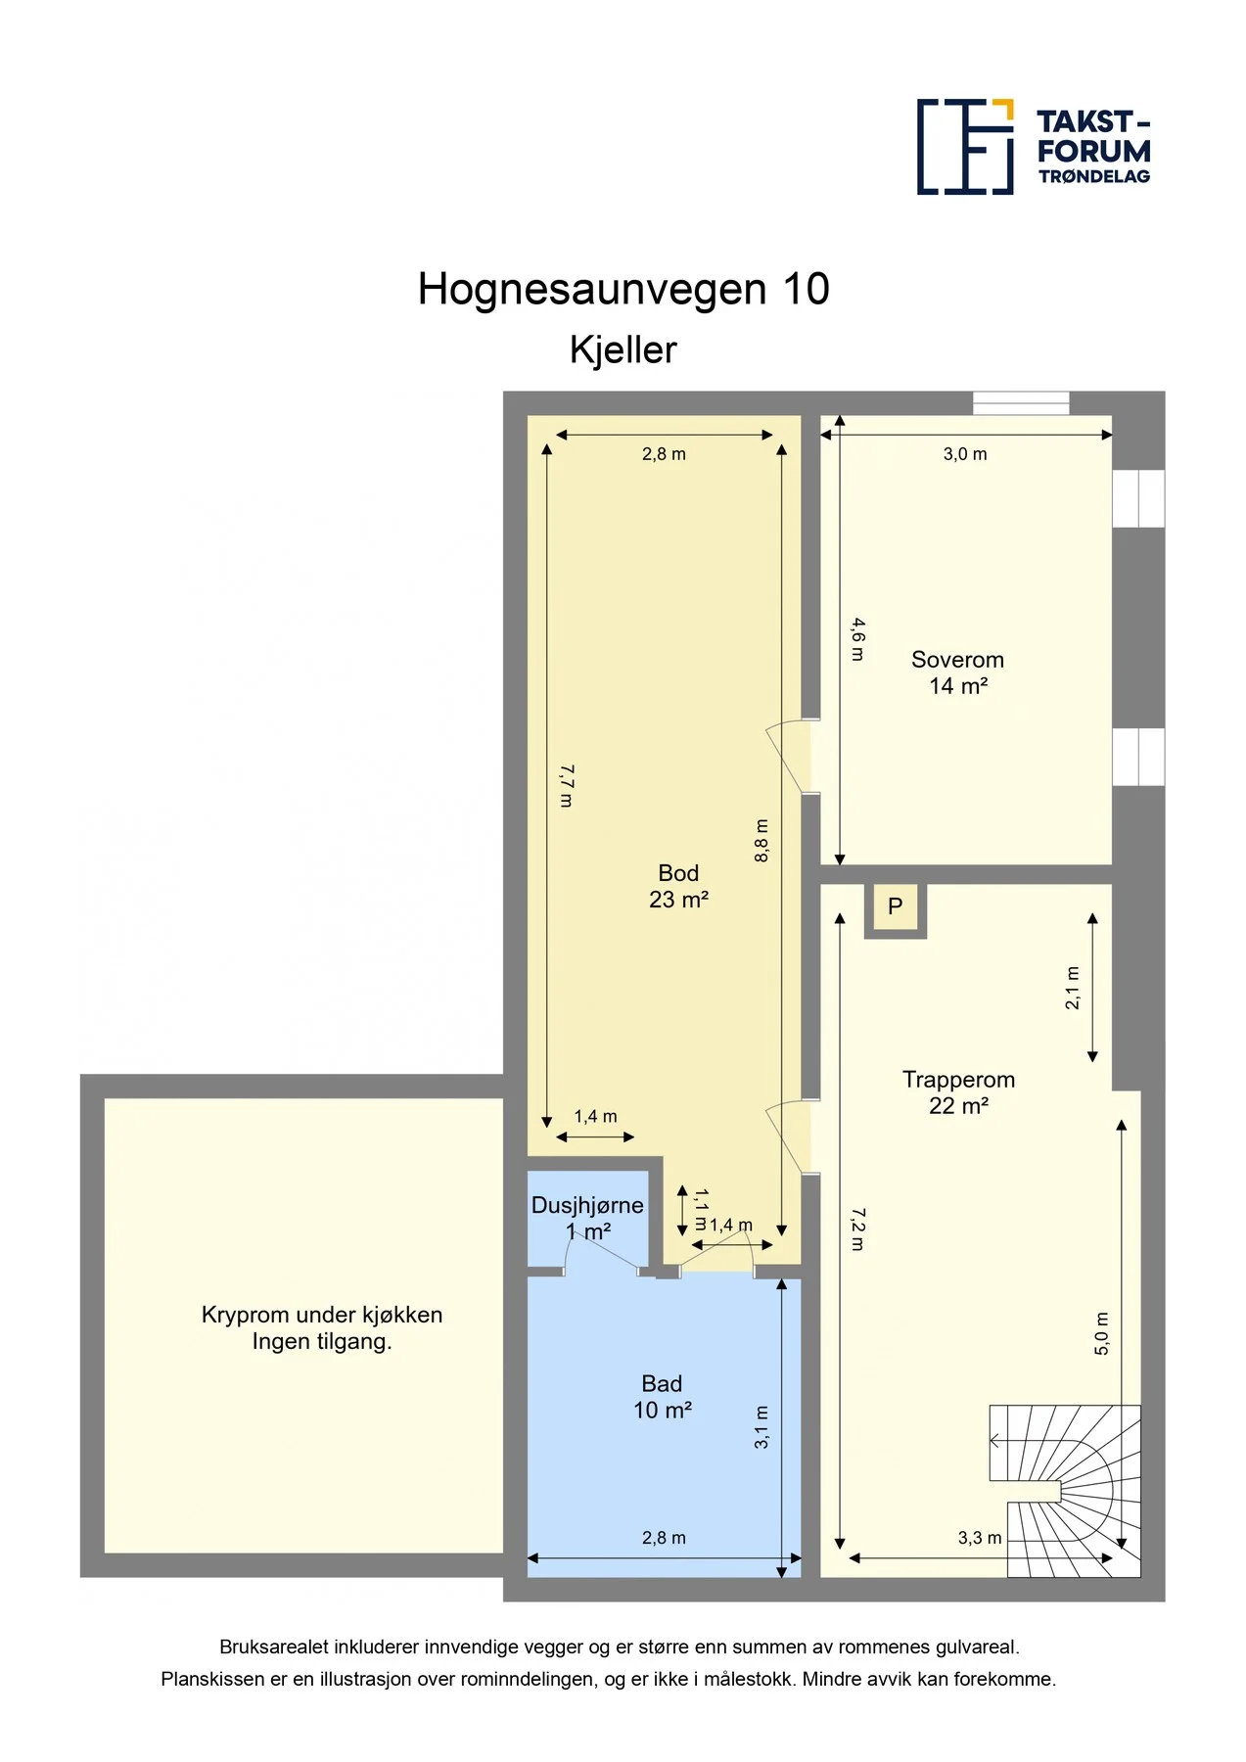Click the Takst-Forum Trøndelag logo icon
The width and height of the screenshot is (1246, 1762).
click(x=965, y=147)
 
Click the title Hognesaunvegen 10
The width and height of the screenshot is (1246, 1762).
click(x=623, y=290)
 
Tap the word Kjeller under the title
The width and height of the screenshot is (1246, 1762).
click(x=623, y=350)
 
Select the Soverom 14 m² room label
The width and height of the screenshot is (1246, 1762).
click(x=958, y=672)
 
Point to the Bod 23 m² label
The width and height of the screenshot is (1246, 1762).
click(x=678, y=886)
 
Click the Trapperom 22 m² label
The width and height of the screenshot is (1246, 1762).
click(x=958, y=1092)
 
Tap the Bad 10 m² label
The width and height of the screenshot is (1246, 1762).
click(x=663, y=1397)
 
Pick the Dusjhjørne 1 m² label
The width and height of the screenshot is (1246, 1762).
click(x=587, y=1218)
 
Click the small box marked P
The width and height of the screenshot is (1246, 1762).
click(x=896, y=907)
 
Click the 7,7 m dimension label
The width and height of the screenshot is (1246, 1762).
click(x=566, y=786)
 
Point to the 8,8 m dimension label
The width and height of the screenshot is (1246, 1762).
click(x=761, y=841)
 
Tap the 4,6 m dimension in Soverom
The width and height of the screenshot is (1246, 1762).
click(x=857, y=639)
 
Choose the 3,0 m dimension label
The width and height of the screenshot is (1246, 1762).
click(x=965, y=454)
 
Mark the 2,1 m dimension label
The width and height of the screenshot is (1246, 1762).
click(x=1073, y=988)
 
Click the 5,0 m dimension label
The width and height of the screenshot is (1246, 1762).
click(x=1102, y=1333)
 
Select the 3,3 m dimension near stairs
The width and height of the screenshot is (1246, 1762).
click(x=980, y=1538)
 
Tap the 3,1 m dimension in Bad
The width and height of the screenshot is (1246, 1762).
click(x=761, y=1427)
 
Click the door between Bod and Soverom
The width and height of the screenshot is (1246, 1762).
click(x=793, y=756)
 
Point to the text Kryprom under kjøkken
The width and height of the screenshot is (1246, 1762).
click(x=322, y=1315)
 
